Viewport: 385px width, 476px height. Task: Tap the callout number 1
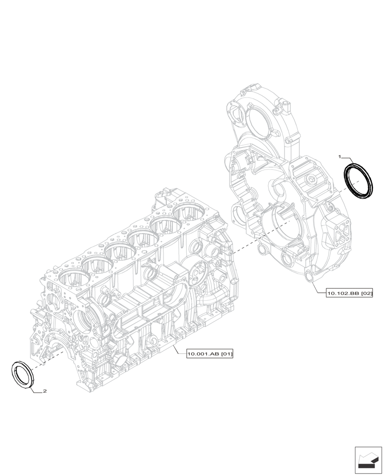[340, 156]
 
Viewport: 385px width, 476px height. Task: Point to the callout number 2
[44, 391]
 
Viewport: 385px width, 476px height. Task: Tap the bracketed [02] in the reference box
[365, 294]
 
